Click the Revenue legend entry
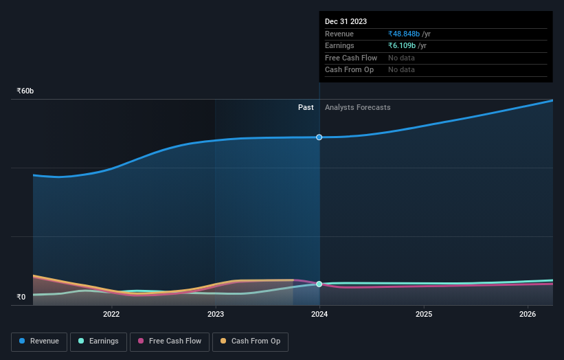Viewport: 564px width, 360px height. pyautogui.click(x=39, y=341)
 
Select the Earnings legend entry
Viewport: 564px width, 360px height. pyautogui.click(x=98, y=341)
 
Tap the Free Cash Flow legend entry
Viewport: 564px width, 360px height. pyautogui.click(x=170, y=341)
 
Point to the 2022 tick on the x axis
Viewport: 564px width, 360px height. pyautogui.click(x=111, y=315)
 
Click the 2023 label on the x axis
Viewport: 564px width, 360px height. pyautogui.click(x=216, y=315)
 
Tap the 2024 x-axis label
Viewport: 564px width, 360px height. pyautogui.click(x=319, y=315)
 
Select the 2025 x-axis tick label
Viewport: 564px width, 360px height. pyautogui.click(x=424, y=315)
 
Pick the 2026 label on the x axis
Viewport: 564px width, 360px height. pyautogui.click(x=528, y=315)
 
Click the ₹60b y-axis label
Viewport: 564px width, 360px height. pyautogui.click(x=25, y=91)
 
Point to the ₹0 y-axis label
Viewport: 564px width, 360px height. pyautogui.click(x=21, y=297)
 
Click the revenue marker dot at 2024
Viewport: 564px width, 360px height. pyautogui.click(x=319, y=137)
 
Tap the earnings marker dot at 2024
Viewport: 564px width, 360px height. pyautogui.click(x=319, y=284)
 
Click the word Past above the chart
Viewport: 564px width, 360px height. pyautogui.click(x=306, y=107)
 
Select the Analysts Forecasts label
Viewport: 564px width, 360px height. pyautogui.click(x=357, y=107)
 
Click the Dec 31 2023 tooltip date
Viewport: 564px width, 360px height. pyautogui.click(x=346, y=21)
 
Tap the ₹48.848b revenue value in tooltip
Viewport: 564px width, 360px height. pyautogui.click(x=403, y=34)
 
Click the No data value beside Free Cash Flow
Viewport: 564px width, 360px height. pyautogui.click(x=401, y=58)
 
